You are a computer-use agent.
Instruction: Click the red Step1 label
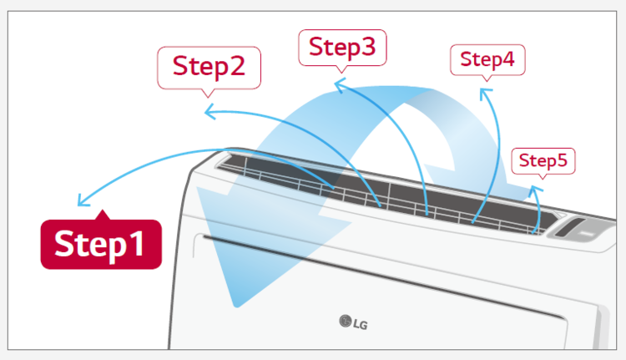pyautogui.click(x=101, y=244)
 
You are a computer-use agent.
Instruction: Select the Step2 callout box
pyautogui.click(x=209, y=68)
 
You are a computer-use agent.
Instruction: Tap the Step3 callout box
pyautogui.click(x=342, y=48)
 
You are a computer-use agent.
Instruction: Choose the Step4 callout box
pyautogui.click(x=487, y=60)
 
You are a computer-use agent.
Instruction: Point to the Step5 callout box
pyautogui.click(x=543, y=161)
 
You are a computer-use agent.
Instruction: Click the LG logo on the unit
pyautogui.click(x=353, y=322)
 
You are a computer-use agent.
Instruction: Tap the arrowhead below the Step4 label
pyautogui.click(x=485, y=93)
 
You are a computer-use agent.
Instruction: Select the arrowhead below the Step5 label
pyautogui.click(x=535, y=190)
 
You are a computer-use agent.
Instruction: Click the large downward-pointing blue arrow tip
pyautogui.click(x=237, y=305)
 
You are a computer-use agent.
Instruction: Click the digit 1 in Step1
pyautogui.click(x=138, y=243)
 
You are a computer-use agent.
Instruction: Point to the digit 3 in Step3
pyautogui.click(x=366, y=46)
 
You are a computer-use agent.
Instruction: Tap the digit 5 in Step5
pyautogui.click(x=562, y=160)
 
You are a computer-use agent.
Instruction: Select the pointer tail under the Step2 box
pyautogui.click(x=208, y=93)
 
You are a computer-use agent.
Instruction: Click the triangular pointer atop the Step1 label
pyautogui.click(x=103, y=215)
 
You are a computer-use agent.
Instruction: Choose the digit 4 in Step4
pyautogui.click(x=507, y=59)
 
